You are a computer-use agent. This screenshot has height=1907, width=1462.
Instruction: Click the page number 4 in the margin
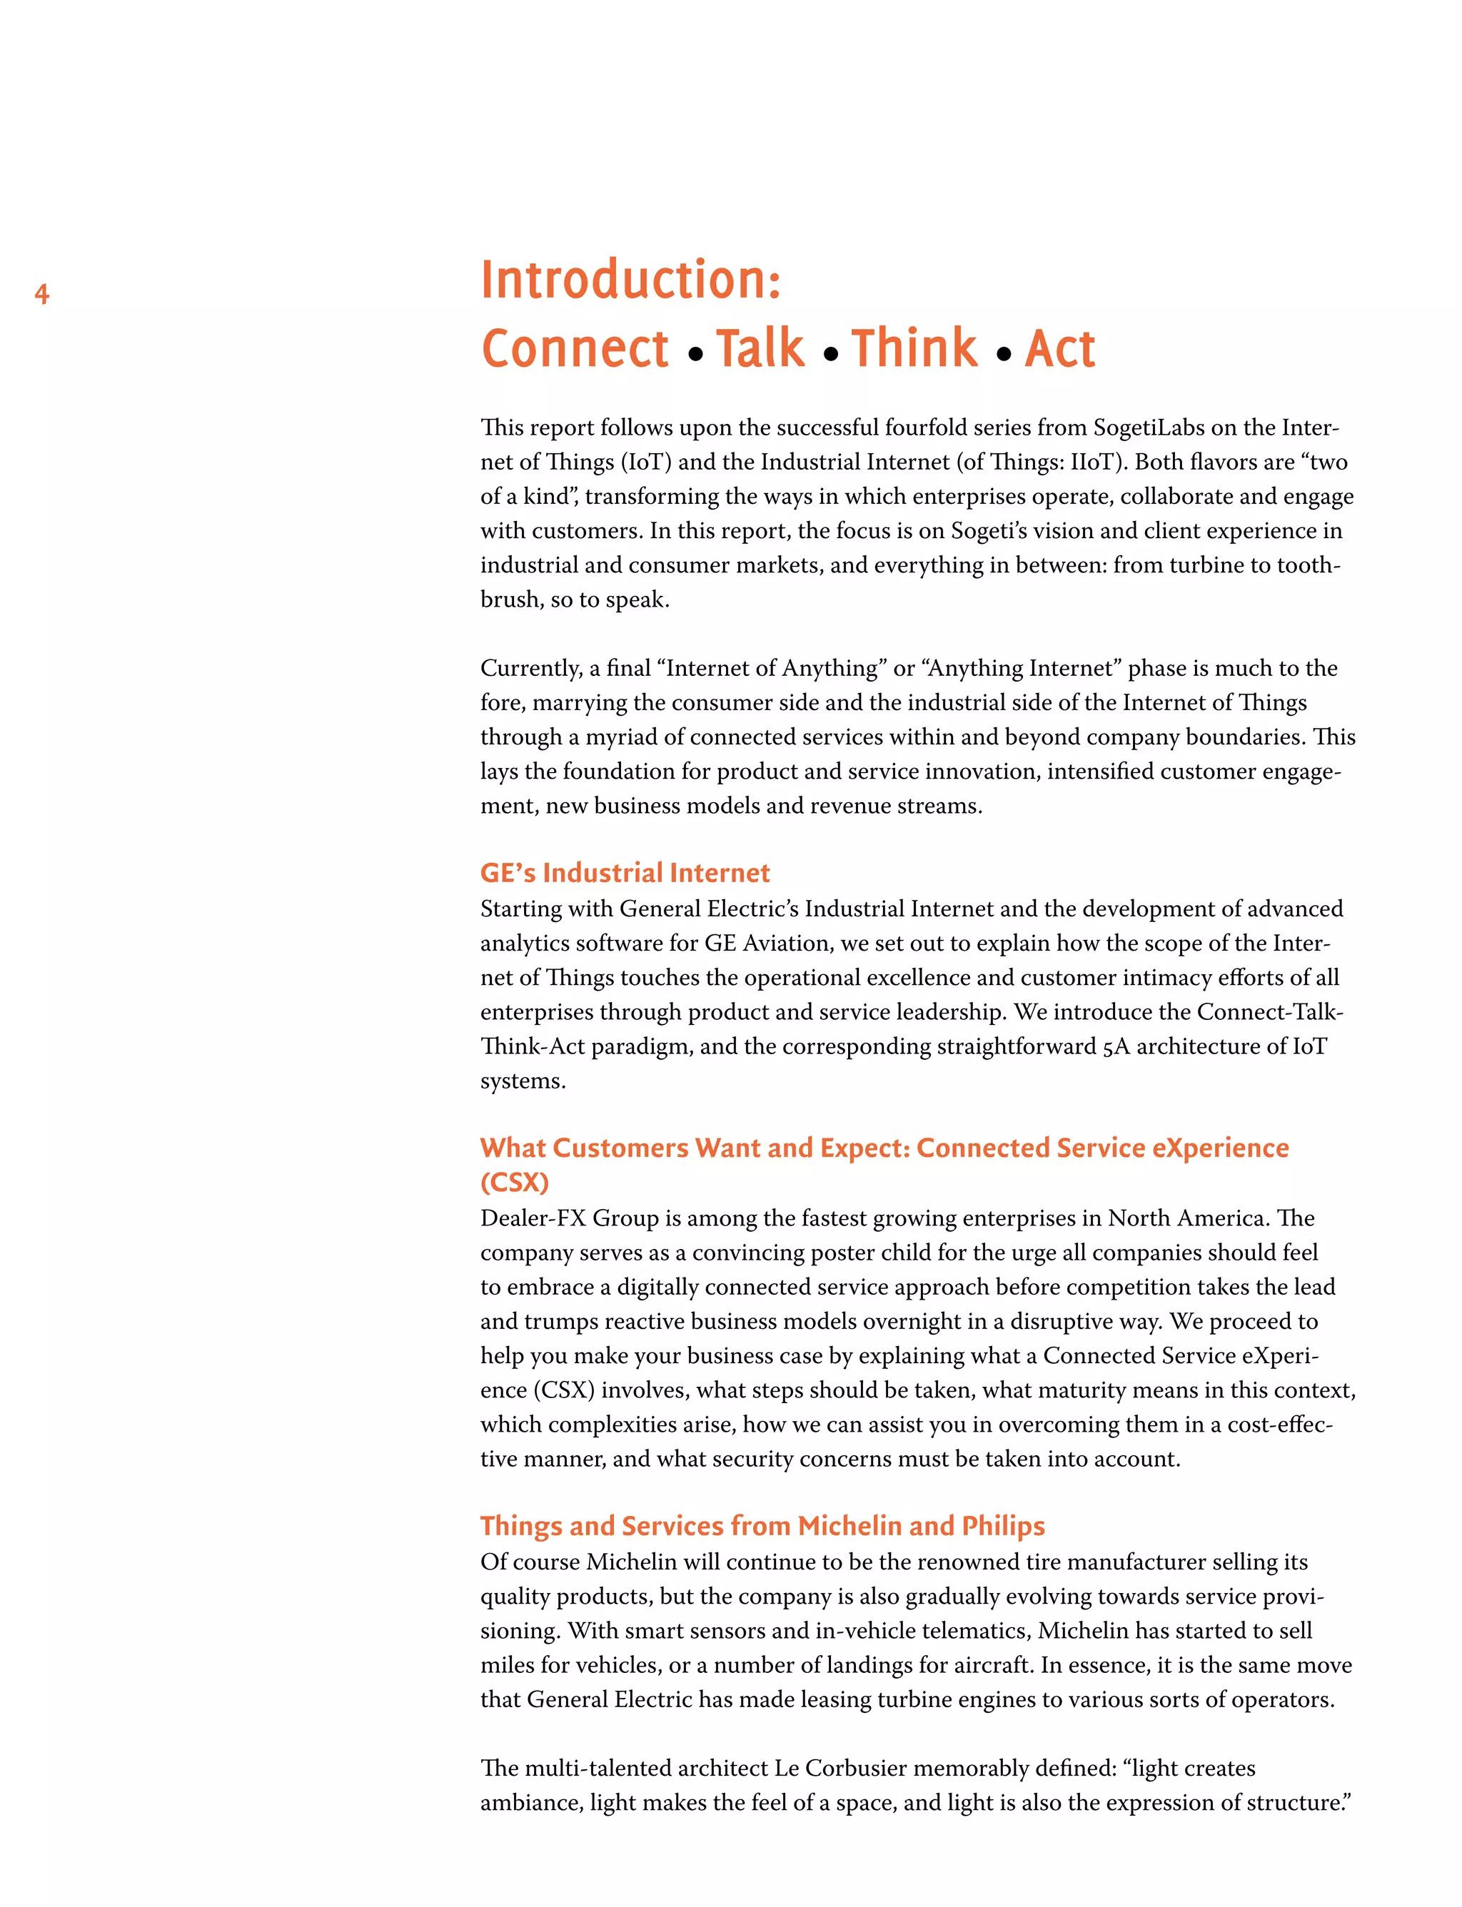tap(42, 294)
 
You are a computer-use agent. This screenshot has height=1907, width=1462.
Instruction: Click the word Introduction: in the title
tap(631, 280)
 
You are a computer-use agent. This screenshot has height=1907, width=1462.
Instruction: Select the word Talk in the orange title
tap(760, 349)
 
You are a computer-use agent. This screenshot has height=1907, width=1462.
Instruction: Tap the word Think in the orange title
tap(914, 349)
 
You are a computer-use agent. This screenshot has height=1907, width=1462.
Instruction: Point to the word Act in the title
tap(1059, 349)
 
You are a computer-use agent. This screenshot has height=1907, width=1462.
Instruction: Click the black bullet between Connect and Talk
tap(695, 354)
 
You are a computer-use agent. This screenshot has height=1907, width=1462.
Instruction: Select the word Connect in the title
tap(575, 349)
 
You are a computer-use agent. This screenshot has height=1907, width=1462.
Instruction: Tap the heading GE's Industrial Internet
tap(625, 873)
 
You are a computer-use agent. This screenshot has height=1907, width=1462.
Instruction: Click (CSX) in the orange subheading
tap(514, 1183)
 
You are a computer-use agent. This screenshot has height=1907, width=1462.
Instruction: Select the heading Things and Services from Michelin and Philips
tap(762, 1525)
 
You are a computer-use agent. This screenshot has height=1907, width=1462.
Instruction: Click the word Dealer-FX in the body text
tap(533, 1218)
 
